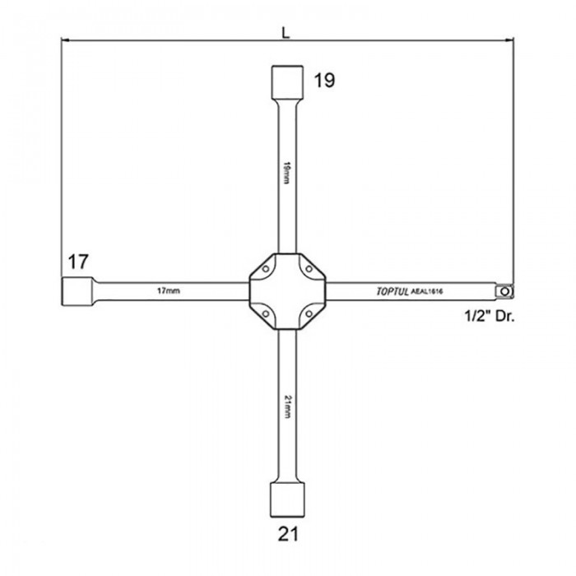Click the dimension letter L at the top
coord(286,33)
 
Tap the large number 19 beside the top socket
coord(324,81)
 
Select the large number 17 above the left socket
coord(78,262)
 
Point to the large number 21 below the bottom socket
coord(288,534)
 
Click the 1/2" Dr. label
coord(490,316)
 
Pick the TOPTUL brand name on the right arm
coord(393,291)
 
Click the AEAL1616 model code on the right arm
coord(427,291)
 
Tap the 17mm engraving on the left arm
coord(169,291)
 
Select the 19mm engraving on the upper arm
coord(287,172)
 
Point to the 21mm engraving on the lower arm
coord(287,406)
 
